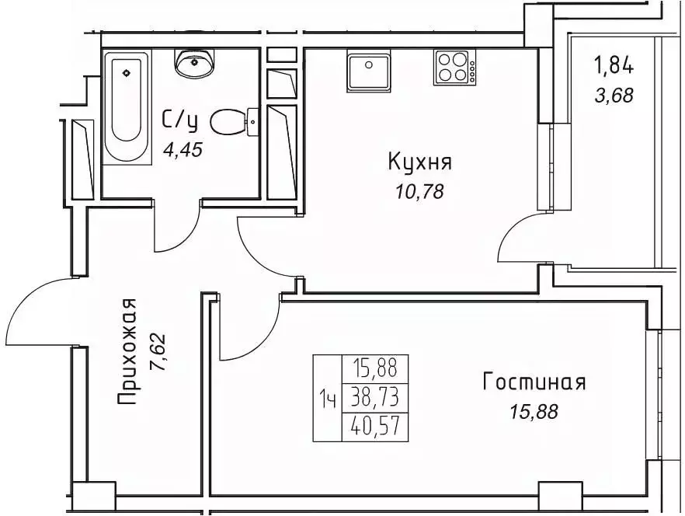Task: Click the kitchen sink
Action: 368,71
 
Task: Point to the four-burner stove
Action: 455,67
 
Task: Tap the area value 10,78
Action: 420,191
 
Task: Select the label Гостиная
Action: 534,382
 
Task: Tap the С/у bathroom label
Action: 179,120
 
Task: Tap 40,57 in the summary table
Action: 375,427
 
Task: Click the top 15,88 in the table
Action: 375,368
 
